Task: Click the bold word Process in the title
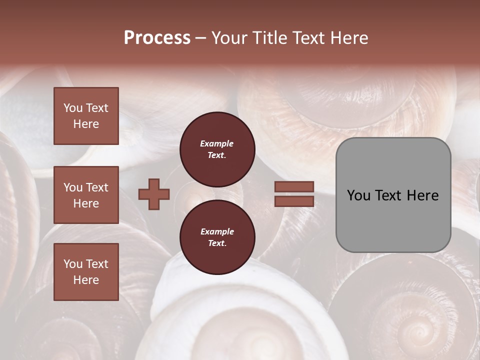(157, 38)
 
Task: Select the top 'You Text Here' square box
(86, 116)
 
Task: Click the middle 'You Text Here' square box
(86, 195)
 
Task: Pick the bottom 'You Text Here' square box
(86, 272)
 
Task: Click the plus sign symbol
(154, 194)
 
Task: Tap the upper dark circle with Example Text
(217, 149)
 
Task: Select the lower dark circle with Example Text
(217, 237)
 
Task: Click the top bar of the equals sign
(294, 187)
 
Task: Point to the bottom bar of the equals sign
(294, 201)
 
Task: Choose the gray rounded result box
(393, 195)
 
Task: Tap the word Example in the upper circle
(217, 143)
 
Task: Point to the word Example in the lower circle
(217, 231)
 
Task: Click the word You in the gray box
(358, 195)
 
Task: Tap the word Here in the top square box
(86, 124)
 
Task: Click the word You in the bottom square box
(73, 264)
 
